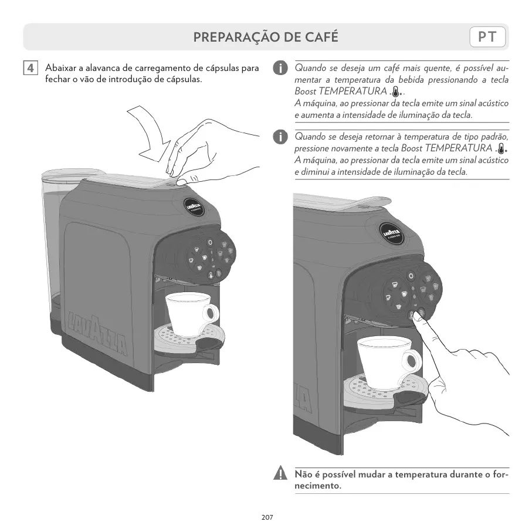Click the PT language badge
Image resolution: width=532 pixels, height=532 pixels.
tap(488, 38)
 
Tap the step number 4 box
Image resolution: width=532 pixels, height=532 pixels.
tap(31, 68)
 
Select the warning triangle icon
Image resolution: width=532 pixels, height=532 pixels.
tap(282, 474)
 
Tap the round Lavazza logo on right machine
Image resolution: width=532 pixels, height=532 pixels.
tap(393, 233)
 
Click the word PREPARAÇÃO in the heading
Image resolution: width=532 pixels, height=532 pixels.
tap(231, 38)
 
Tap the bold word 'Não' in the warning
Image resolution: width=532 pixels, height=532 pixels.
tap(303, 474)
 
